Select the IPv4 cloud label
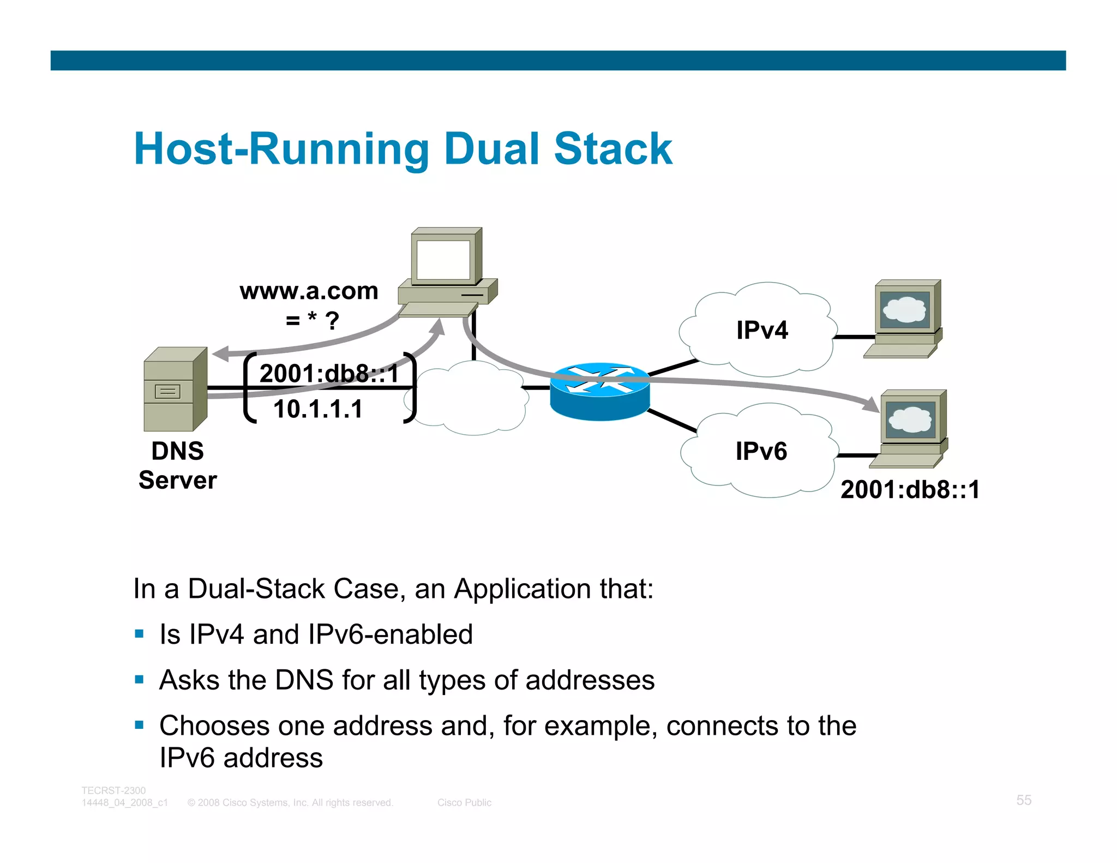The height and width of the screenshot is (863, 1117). point(761,330)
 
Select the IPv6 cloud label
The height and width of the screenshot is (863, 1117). point(761,451)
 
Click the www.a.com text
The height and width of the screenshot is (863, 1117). point(309,291)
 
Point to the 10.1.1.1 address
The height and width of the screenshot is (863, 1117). point(318,409)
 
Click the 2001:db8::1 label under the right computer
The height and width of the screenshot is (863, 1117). point(910,489)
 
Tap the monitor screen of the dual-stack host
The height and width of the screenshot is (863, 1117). point(442,260)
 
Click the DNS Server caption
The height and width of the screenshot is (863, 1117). point(178,465)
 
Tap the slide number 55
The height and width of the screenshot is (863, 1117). point(1023,800)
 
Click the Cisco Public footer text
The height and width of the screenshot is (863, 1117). point(464,802)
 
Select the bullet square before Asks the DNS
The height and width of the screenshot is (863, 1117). point(140,680)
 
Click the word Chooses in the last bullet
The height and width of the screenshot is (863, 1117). point(214,726)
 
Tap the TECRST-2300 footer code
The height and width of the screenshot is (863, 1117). point(113,790)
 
